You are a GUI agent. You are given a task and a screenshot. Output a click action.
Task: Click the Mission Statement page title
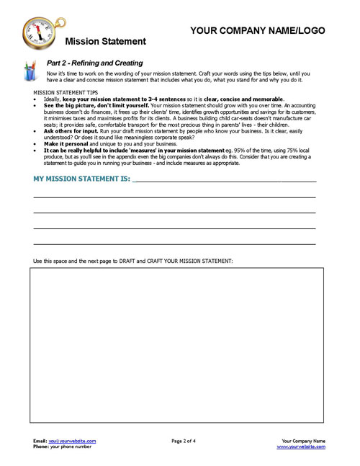tap(104, 42)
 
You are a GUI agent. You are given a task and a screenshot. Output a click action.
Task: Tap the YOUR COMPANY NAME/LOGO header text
tap(258, 31)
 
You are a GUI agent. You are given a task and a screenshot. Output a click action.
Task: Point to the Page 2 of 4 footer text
tap(188, 441)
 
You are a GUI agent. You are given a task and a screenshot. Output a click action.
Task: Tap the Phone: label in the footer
tap(41, 447)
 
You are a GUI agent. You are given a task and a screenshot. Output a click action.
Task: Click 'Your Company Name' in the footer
tap(303, 441)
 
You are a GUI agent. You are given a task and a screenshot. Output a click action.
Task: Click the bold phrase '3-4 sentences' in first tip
tap(183, 99)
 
